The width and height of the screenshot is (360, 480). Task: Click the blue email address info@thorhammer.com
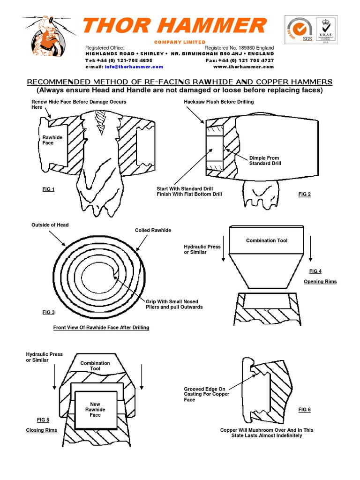click(x=131, y=67)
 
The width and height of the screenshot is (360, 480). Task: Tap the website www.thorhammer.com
click(x=243, y=67)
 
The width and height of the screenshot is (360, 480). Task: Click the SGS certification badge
click(x=300, y=30)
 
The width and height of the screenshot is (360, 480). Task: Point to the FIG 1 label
click(x=48, y=189)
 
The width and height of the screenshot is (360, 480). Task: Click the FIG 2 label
click(x=304, y=194)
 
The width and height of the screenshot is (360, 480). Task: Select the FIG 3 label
click(x=48, y=312)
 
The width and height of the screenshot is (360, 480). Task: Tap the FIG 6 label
click(x=304, y=410)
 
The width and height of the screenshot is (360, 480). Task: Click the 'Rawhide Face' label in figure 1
click(x=52, y=140)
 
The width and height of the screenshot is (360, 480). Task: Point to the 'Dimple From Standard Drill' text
click(x=264, y=161)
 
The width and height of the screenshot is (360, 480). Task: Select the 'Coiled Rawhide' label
click(x=153, y=230)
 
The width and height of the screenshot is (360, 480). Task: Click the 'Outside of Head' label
click(x=50, y=225)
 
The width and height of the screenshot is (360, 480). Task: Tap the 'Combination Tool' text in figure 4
click(x=267, y=240)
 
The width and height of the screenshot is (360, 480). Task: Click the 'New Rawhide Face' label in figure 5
click(x=95, y=409)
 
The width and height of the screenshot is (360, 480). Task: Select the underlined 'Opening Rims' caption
click(x=320, y=282)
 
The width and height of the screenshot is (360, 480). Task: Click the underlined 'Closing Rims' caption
click(x=41, y=430)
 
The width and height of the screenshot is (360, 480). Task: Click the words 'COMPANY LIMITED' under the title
click(x=180, y=42)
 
